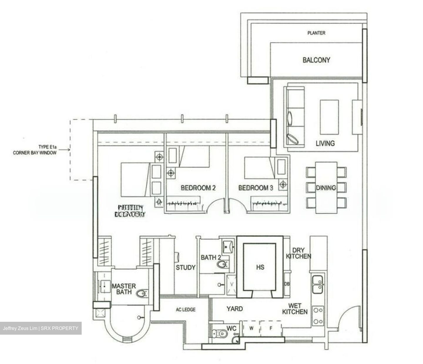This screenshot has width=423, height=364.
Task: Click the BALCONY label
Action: (x=316, y=60)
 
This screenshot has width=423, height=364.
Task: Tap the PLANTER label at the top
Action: (x=316, y=33)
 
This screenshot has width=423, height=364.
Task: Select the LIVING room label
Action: (x=325, y=143)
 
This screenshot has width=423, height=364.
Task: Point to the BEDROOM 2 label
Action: (x=198, y=188)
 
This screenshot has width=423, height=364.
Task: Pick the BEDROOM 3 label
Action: (x=256, y=188)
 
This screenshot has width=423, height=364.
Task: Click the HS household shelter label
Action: (x=260, y=267)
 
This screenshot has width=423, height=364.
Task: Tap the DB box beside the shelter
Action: (x=287, y=284)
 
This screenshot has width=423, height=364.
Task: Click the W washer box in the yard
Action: (x=251, y=329)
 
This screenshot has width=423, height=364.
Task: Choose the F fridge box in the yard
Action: (x=271, y=329)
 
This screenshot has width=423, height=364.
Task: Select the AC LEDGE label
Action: (x=186, y=309)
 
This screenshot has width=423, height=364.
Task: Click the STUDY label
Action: (x=185, y=268)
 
